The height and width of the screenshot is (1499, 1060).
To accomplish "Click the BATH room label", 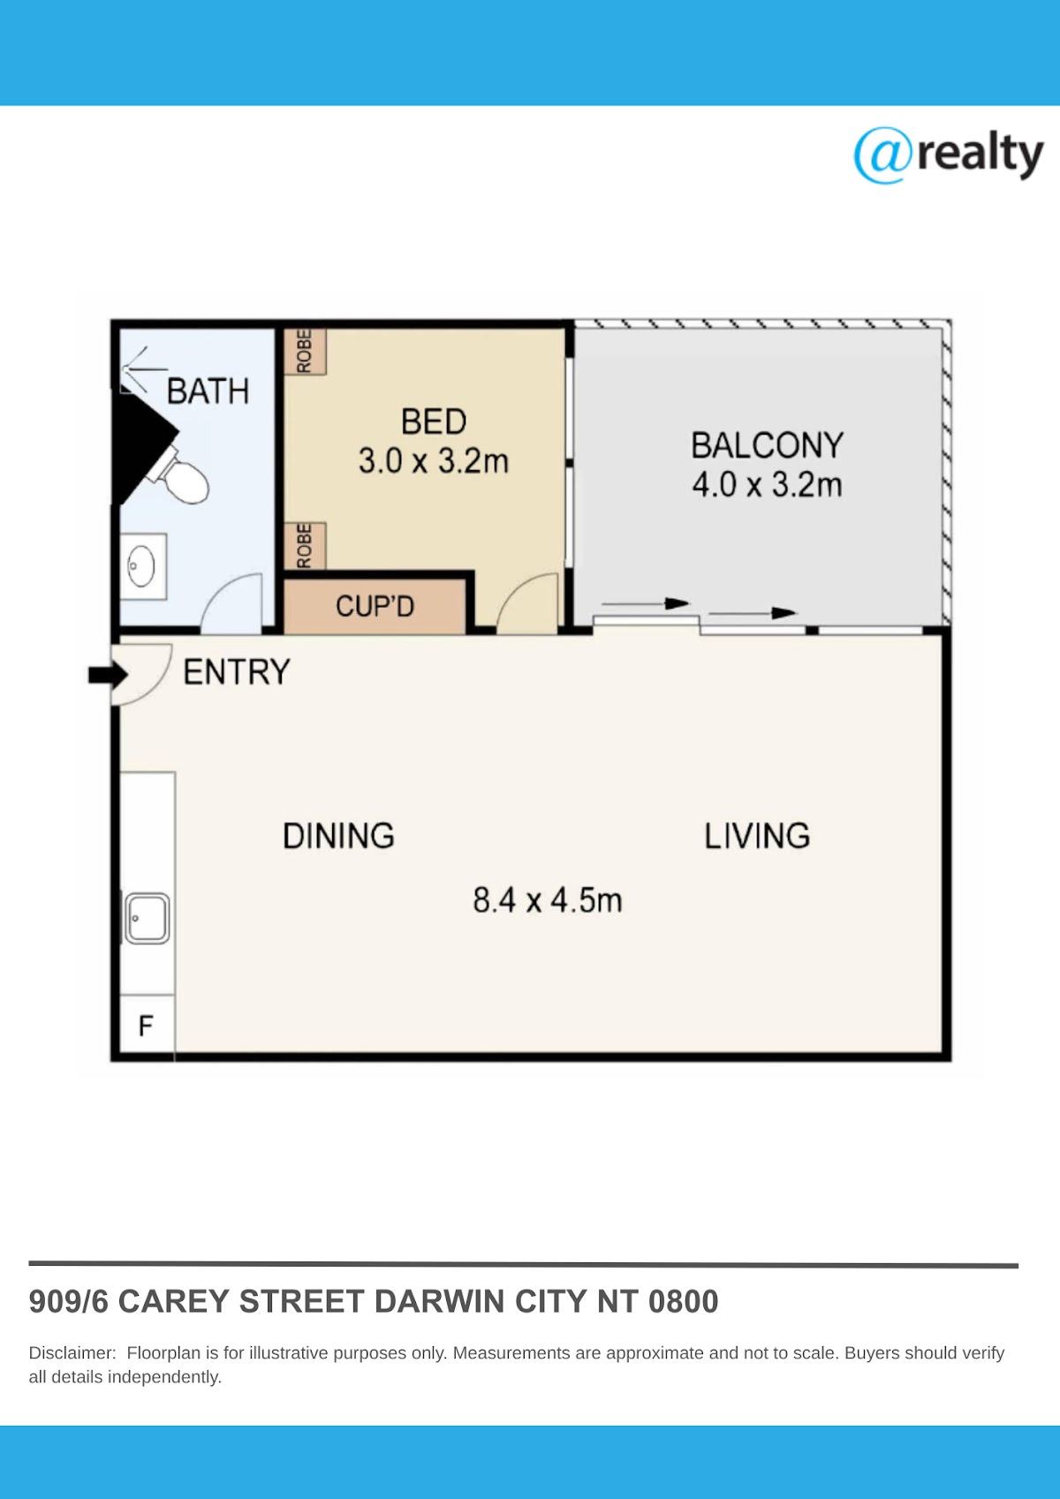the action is (208, 391).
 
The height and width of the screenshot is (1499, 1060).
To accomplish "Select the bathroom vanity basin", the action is (142, 566).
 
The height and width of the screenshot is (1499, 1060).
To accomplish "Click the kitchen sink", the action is (148, 919).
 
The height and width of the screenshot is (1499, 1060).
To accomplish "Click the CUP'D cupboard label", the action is (375, 606).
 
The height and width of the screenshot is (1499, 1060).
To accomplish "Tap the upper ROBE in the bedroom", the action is (305, 352).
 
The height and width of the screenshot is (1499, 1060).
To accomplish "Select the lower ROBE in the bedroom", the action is (305, 545).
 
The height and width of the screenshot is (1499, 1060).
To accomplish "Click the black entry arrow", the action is (108, 675).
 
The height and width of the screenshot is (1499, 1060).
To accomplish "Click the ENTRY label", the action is (237, 672).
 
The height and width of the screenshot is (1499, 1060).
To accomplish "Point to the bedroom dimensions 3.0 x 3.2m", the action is (434, 461).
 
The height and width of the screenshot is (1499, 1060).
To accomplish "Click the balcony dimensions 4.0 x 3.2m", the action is (767, 484).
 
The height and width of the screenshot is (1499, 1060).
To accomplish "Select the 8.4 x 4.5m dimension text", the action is (548, 900).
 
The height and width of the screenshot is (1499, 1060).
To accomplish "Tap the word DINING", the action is (338, 836).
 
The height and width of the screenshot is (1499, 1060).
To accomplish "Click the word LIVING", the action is (757, 836).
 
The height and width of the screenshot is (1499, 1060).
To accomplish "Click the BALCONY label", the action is (768, 446).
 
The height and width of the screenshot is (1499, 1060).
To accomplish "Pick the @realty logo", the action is (948, 155).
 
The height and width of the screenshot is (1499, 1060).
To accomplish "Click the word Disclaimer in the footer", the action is (72, 1353).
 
